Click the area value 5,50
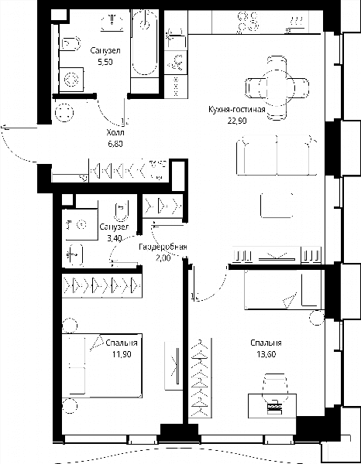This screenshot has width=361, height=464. click(x=105, y=62)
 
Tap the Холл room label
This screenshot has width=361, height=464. click(x=115, y=132)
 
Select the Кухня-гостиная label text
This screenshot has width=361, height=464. click(x=236, y=110)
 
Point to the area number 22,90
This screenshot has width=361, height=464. click(x=237, y=121)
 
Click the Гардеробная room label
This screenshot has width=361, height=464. click(x=163, y=247)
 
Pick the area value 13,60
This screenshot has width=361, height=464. click(x=266, y=354)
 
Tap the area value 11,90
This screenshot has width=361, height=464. click(x=122, y=354)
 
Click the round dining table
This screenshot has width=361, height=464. click(x=277, y=88)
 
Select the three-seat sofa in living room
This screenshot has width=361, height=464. click(x=277, y=155)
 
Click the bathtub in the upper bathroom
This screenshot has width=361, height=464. click(x=144, y=43)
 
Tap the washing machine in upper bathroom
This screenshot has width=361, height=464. click(x=71, y=80)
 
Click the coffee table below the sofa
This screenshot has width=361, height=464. click(x=277, y=206)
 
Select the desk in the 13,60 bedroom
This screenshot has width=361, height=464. click(x=272, y=405)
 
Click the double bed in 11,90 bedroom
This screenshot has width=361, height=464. click(x=102, y=366)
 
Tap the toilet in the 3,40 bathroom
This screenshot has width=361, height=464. click(x=121, y=211)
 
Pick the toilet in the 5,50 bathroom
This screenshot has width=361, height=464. click(x=71, y=43)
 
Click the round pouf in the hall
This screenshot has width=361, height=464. click(x=64, y=112)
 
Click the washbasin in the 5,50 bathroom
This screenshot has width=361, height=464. click(x=112, y=22)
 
